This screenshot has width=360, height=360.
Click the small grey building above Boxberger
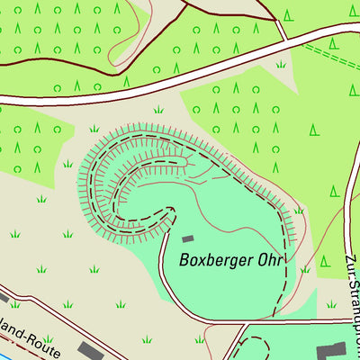pyautogui.click(x=188, y=238)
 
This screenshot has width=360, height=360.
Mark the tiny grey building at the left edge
pyautogui.click(x=3, y=295)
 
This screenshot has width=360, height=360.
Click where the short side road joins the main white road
pyautogui.click(x=286, y=40)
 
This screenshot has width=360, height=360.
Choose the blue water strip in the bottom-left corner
pyautogui.click(x=4, y=356)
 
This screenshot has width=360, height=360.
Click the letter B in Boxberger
pyautogui.click(x=184, y=261)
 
